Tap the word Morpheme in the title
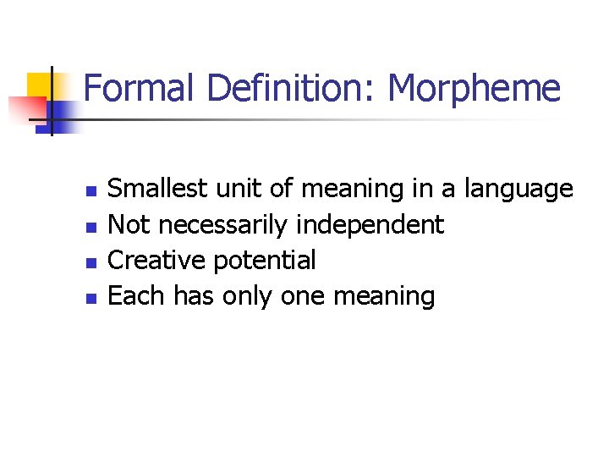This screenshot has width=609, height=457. (x=475, y=89)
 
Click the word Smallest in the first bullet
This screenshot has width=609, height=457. (x=158, y=189)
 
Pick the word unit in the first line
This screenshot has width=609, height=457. (x=233, y=189)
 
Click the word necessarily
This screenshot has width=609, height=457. (x=222, y=225)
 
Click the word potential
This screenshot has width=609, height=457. (x=264, y=261)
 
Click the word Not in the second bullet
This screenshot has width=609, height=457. (x=130, y=225)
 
